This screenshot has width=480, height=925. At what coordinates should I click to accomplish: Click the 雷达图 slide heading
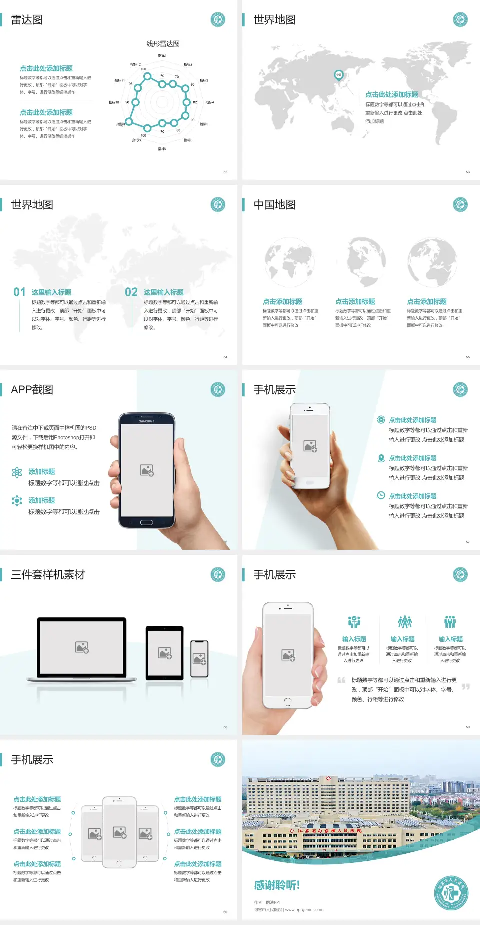[x=27, y=20]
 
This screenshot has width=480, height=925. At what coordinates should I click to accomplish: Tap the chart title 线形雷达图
[x=163, y=44]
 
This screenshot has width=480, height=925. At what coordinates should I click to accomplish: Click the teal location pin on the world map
[x=338, y=75]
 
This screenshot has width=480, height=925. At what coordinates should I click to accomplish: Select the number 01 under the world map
[x=19, y=292]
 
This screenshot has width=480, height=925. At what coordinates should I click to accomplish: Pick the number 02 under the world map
[x=131, y=292]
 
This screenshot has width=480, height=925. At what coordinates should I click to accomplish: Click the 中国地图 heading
[x=274, y=205]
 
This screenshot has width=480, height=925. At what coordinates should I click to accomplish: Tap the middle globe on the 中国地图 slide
[x=366, y=261]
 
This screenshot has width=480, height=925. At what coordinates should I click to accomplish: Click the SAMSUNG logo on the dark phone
[x=147, y=421]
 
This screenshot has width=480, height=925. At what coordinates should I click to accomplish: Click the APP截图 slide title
[x=32, y=390]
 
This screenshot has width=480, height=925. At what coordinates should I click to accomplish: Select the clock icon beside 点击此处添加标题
[x=381, y=495]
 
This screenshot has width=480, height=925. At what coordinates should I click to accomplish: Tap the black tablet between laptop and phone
[x=165, y=652]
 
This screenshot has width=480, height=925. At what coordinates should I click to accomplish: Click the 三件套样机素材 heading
[x=48, y=575]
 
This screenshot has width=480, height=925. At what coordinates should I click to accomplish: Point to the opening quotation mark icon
[x=341, y=680]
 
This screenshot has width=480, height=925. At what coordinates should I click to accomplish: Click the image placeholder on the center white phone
[x=119, y=832]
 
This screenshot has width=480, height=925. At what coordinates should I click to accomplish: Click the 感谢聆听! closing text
[x=277, y=885]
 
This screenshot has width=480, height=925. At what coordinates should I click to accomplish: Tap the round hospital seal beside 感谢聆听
[x=451, y=893]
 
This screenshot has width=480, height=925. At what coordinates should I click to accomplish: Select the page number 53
[x=468, y=172]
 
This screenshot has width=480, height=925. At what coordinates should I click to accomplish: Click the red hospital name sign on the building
[x=327, y=831]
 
